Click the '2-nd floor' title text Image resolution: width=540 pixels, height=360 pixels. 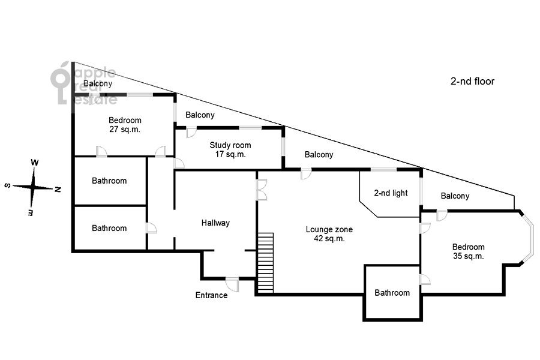472,81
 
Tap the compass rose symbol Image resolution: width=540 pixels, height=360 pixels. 34,187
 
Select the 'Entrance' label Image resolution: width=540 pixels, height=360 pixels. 211,295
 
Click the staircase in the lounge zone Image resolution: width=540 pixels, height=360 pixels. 265,262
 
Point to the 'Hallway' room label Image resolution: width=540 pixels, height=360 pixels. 215,223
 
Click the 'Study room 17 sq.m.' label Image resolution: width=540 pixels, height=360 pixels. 230,149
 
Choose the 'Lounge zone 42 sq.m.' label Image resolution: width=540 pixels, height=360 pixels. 329,233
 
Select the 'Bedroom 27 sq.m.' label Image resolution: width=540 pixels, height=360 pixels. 125,125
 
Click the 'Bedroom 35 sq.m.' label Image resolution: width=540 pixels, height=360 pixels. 468,251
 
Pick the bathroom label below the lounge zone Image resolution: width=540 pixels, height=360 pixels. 392,293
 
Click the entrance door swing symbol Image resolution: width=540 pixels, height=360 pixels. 232,284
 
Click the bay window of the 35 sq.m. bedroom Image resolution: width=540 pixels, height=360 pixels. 528,237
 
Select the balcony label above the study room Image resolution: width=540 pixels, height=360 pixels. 200,115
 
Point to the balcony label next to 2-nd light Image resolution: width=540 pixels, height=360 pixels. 319,154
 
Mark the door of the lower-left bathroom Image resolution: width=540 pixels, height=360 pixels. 151,228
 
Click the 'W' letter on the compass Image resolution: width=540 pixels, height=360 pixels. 35,163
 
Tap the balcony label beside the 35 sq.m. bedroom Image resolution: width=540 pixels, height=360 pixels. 455,196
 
